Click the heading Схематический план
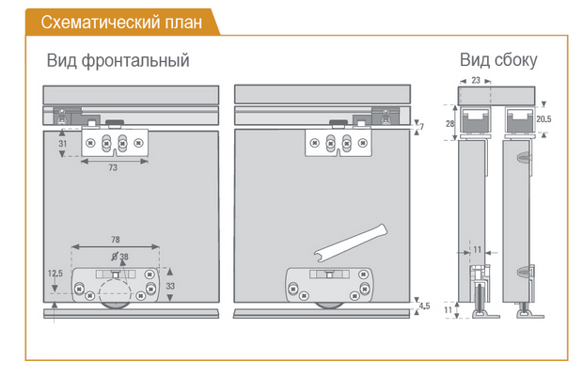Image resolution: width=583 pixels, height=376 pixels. click(121, 23)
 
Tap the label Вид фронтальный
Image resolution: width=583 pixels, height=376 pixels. click(118, 60)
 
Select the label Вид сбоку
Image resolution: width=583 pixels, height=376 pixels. click(498, 60)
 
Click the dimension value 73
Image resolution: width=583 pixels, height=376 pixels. click(113, 168)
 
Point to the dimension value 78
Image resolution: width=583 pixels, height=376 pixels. click(116, 240)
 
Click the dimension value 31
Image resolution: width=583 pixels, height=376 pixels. click(62, 144)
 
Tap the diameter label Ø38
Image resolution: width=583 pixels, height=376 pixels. click(119, 257)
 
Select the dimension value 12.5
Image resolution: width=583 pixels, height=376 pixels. click(55, 274)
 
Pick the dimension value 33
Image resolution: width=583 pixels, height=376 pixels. click(170, 286)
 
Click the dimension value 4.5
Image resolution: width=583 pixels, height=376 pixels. click(424, 305)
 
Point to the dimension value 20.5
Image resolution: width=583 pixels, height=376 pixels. click(544, 119)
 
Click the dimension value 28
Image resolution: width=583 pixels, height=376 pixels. click(449, 123)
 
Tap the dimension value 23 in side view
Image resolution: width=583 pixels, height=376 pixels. click(476, 80)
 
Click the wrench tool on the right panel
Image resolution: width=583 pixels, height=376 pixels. click(351, 243)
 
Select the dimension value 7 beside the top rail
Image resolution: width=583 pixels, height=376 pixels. click(421, 127)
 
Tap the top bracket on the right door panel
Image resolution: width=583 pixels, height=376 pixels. click(339, 143)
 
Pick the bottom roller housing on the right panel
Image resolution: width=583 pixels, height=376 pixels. click(329, 285)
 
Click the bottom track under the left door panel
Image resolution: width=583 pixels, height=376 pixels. click(132, 313)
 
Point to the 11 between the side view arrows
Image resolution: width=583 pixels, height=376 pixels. click(478, 250)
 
